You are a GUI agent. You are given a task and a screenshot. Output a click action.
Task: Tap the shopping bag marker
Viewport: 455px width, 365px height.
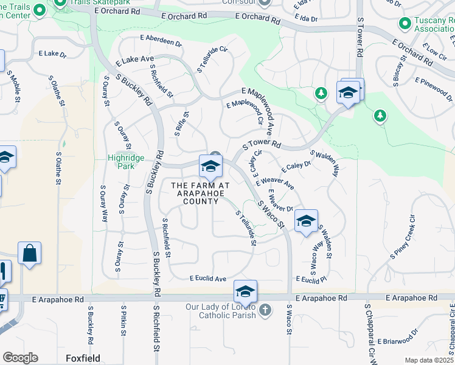pyautogui.click(x=29, y=252)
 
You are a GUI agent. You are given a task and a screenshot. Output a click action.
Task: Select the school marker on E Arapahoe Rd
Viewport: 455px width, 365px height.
pyautogui.click(x=245, y=292)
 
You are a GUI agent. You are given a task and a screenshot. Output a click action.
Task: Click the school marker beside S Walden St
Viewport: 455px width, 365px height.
pyautogui.click(x=306, y=220)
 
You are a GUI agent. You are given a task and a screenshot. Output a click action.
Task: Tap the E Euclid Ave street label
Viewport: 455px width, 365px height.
pyautogui.click(x=207, y=279)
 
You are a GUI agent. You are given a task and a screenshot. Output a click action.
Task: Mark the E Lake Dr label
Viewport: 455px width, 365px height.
pyautogui.click(x=52, y=54)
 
